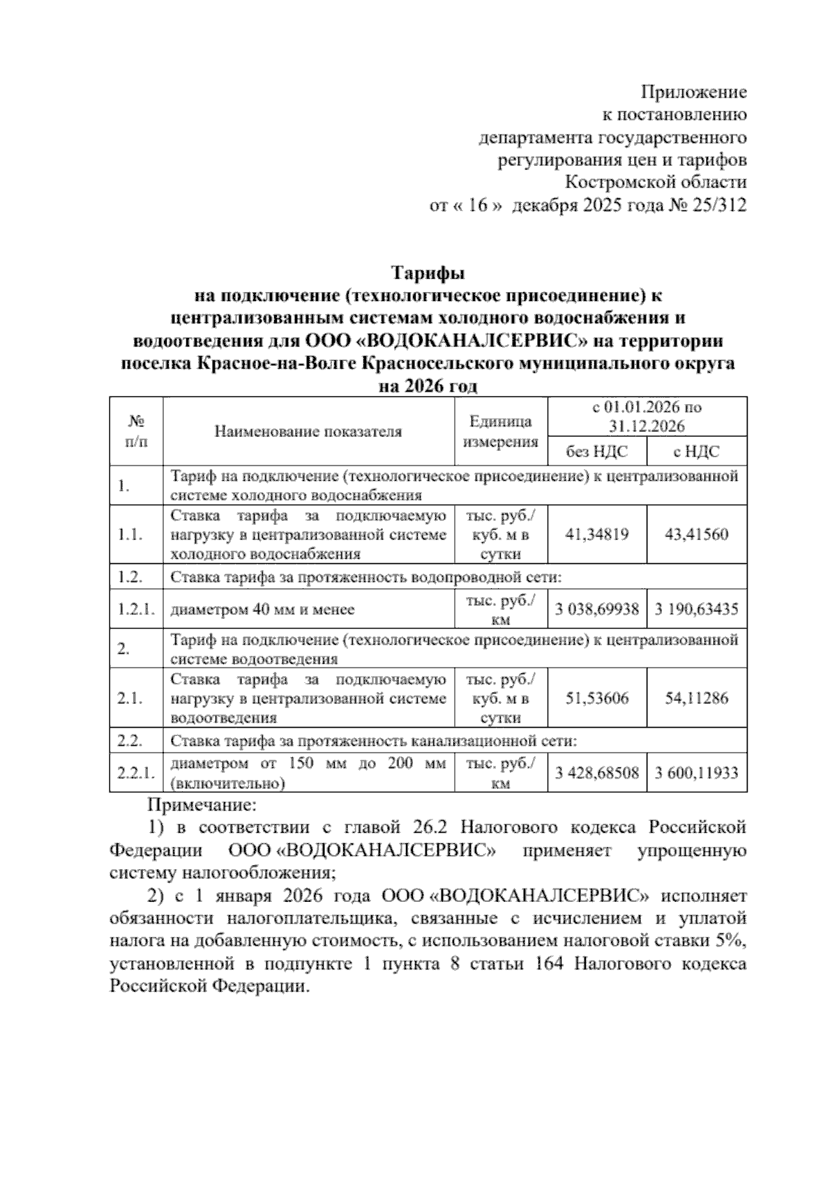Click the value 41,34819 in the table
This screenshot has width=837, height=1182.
[597, 535]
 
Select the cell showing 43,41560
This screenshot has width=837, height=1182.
[696, 535]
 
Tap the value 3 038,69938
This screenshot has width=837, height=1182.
[597, 609]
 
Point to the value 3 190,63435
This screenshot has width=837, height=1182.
[696, 609]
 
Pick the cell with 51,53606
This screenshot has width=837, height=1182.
[597, 698]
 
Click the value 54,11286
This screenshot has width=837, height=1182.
[696, 698]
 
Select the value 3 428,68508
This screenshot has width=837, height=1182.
[597, 772]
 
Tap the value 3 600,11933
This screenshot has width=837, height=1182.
[696, 772]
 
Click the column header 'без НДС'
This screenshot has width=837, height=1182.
[597, 452]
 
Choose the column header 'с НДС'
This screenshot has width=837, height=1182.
[696, 452]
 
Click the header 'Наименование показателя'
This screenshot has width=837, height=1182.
[308, 431]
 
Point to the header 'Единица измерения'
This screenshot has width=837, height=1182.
[501, 431]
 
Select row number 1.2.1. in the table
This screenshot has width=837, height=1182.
[135, 609]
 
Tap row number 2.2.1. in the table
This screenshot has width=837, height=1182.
[135, 774]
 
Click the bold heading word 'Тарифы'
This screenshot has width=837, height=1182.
[428, 272]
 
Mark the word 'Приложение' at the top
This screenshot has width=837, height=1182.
[693, 93]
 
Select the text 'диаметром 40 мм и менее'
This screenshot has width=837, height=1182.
[262, 610]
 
